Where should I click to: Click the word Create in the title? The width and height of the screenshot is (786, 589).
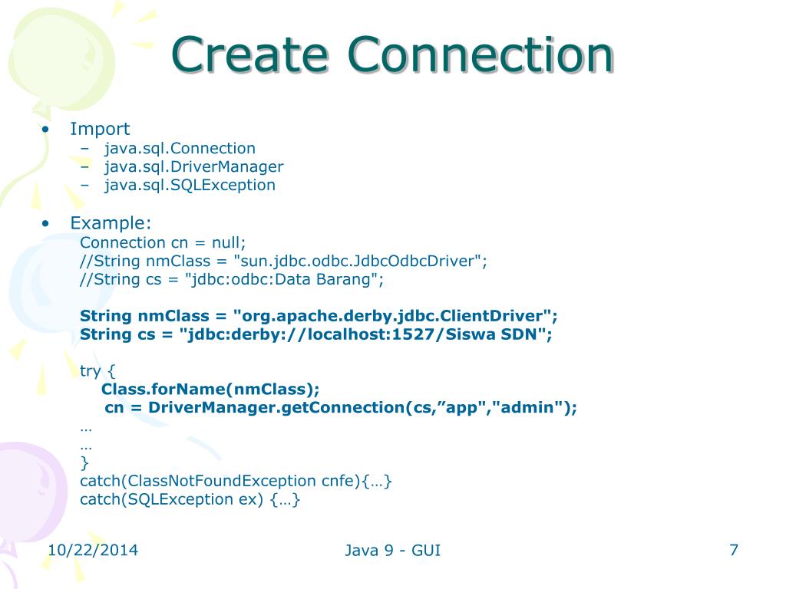tap(249, 54)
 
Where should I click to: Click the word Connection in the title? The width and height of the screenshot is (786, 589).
tap(481, 54)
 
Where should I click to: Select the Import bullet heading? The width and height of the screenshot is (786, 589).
tap(100, 129)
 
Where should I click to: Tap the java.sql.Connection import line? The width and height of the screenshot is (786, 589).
tap(180, 149)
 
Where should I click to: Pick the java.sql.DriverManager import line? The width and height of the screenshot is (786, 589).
tap(194, 166)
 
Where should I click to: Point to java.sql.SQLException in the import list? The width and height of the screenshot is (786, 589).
tap(190, 186)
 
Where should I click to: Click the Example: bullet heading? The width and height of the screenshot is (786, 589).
tap(111, 223)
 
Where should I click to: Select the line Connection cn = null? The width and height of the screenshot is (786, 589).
tap(163, 243)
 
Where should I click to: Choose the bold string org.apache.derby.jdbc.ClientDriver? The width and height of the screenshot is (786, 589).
tap(392, 317)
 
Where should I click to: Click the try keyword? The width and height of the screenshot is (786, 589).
tap(91, 371)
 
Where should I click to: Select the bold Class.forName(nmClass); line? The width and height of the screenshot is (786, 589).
tap(210, 390)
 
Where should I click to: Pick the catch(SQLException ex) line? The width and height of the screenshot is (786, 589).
tap(190, 500)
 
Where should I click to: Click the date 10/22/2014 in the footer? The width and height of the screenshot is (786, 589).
tap(93, 551)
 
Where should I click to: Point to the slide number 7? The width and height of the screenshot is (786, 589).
tap(734, 551)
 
